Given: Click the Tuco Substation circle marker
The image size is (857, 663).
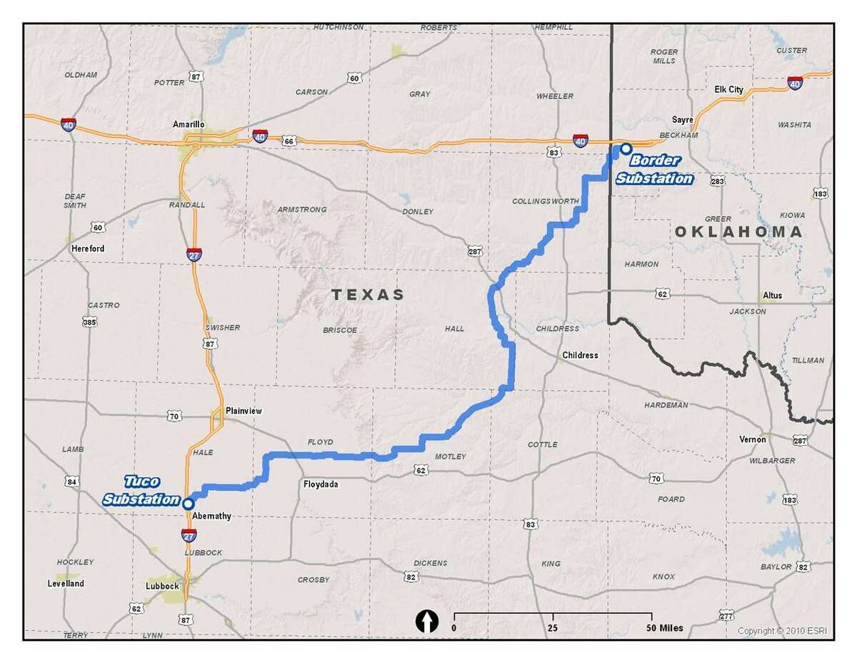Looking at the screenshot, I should tap(188, 503).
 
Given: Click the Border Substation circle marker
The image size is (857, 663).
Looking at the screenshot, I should tap(626, 149).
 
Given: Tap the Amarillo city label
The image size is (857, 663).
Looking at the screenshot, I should tap(189, 124).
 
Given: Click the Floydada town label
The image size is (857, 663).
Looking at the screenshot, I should tap(321, 484).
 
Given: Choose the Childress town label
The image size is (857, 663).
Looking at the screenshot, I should tap(580, 355).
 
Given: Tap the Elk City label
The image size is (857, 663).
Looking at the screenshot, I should tap(728, 89).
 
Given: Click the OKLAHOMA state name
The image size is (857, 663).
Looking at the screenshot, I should tap(738, 231).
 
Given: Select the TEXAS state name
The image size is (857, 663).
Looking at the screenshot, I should tap(367, 294).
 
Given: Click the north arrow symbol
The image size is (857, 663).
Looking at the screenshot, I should tap(426, 622).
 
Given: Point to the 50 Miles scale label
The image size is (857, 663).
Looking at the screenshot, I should tap(663, 628).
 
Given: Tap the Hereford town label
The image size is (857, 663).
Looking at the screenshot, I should tap(88, 249).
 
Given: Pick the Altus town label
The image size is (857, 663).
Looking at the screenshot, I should tap(772, 295).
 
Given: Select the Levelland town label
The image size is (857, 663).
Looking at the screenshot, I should tap(64, 583).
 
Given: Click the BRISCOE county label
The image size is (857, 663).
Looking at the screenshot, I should tap(339, 330).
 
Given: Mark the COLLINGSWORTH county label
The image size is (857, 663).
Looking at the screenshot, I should tap(546, 201).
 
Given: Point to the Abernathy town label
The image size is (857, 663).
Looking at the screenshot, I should tap(212, 516).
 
